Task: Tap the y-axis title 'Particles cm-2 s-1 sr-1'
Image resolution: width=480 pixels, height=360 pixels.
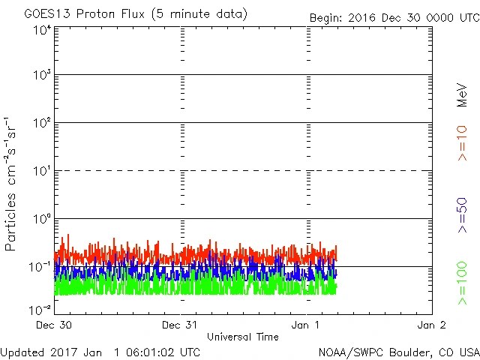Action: coord(12,184)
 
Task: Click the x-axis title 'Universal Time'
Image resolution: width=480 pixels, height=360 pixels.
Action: coord(243,337)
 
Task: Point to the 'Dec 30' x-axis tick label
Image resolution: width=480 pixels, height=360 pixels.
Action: coord(55,325)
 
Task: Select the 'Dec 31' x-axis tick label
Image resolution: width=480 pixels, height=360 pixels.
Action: coord(181,325)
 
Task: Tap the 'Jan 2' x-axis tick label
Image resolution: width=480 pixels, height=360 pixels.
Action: coord(431,325)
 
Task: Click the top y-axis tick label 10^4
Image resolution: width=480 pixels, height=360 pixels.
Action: coord(42,30)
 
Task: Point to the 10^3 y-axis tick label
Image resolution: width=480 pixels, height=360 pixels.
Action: coord(42,75)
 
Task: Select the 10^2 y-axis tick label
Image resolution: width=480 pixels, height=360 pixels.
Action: coord(42,123)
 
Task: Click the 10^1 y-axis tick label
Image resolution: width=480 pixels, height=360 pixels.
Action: coord(42,171)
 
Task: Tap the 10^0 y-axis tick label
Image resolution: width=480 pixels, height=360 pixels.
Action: coord(42,219)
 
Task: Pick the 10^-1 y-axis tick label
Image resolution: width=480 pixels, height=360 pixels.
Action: coord(40,267)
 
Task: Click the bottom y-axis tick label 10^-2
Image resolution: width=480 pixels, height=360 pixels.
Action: coord(40,309)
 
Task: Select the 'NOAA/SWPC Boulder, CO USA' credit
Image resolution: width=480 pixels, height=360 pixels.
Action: coord(398,351)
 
